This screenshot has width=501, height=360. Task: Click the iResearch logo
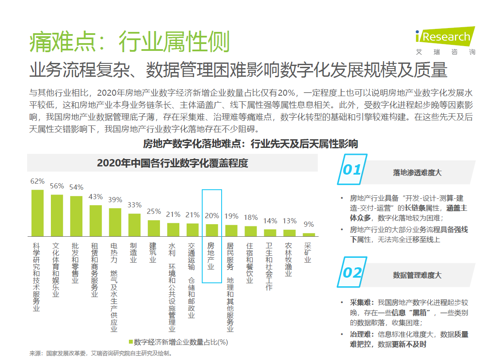click(x=445, y=41)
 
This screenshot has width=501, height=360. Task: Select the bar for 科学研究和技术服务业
click(x=38, y=213)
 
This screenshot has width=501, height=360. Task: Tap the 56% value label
click(x=57, y=186)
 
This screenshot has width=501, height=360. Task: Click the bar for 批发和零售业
click(x=76, y=216)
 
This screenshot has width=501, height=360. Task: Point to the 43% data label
click(x=96, y=197)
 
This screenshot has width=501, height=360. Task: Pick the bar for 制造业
click(x=135, y=225)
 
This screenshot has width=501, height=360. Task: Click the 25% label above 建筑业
click(x=154, y=212)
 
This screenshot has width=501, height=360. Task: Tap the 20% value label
click(x=212, y=216)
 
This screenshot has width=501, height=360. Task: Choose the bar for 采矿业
click(x=309, y=235)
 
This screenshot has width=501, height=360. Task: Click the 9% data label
click(x=309, y=224)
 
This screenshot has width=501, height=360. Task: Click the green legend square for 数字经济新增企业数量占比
click(x=131, y=342)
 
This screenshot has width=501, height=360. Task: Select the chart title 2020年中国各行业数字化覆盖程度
click(x=172, y=163)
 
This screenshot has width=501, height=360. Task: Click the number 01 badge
click(x=351, y=170)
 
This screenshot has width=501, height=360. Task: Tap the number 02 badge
click(x=352, y=272)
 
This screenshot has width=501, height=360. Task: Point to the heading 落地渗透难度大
click(x=417, y=172)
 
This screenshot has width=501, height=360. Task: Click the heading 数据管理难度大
click(x=417, y=275)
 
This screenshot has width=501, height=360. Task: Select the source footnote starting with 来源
click(x=101, y=353)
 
